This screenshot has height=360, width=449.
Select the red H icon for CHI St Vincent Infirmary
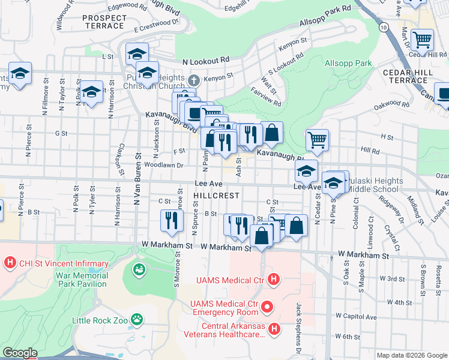[9, 263]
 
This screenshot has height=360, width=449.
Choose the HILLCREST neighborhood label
[217, 196]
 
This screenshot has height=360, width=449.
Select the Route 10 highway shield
[382, 27]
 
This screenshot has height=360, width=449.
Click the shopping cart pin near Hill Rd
[317, 140]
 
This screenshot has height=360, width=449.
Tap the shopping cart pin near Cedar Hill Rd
[422, 40]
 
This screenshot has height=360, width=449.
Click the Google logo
[20, 353]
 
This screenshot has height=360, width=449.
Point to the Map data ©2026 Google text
[412, 355]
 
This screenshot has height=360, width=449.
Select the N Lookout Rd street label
[206, 61]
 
